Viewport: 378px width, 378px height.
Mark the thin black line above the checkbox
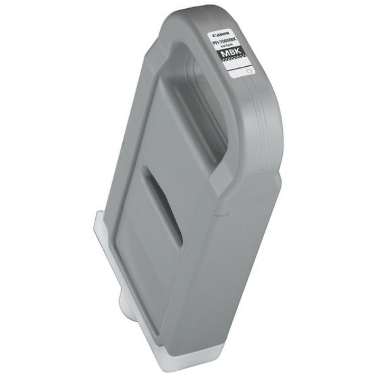(x=240, y=68)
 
